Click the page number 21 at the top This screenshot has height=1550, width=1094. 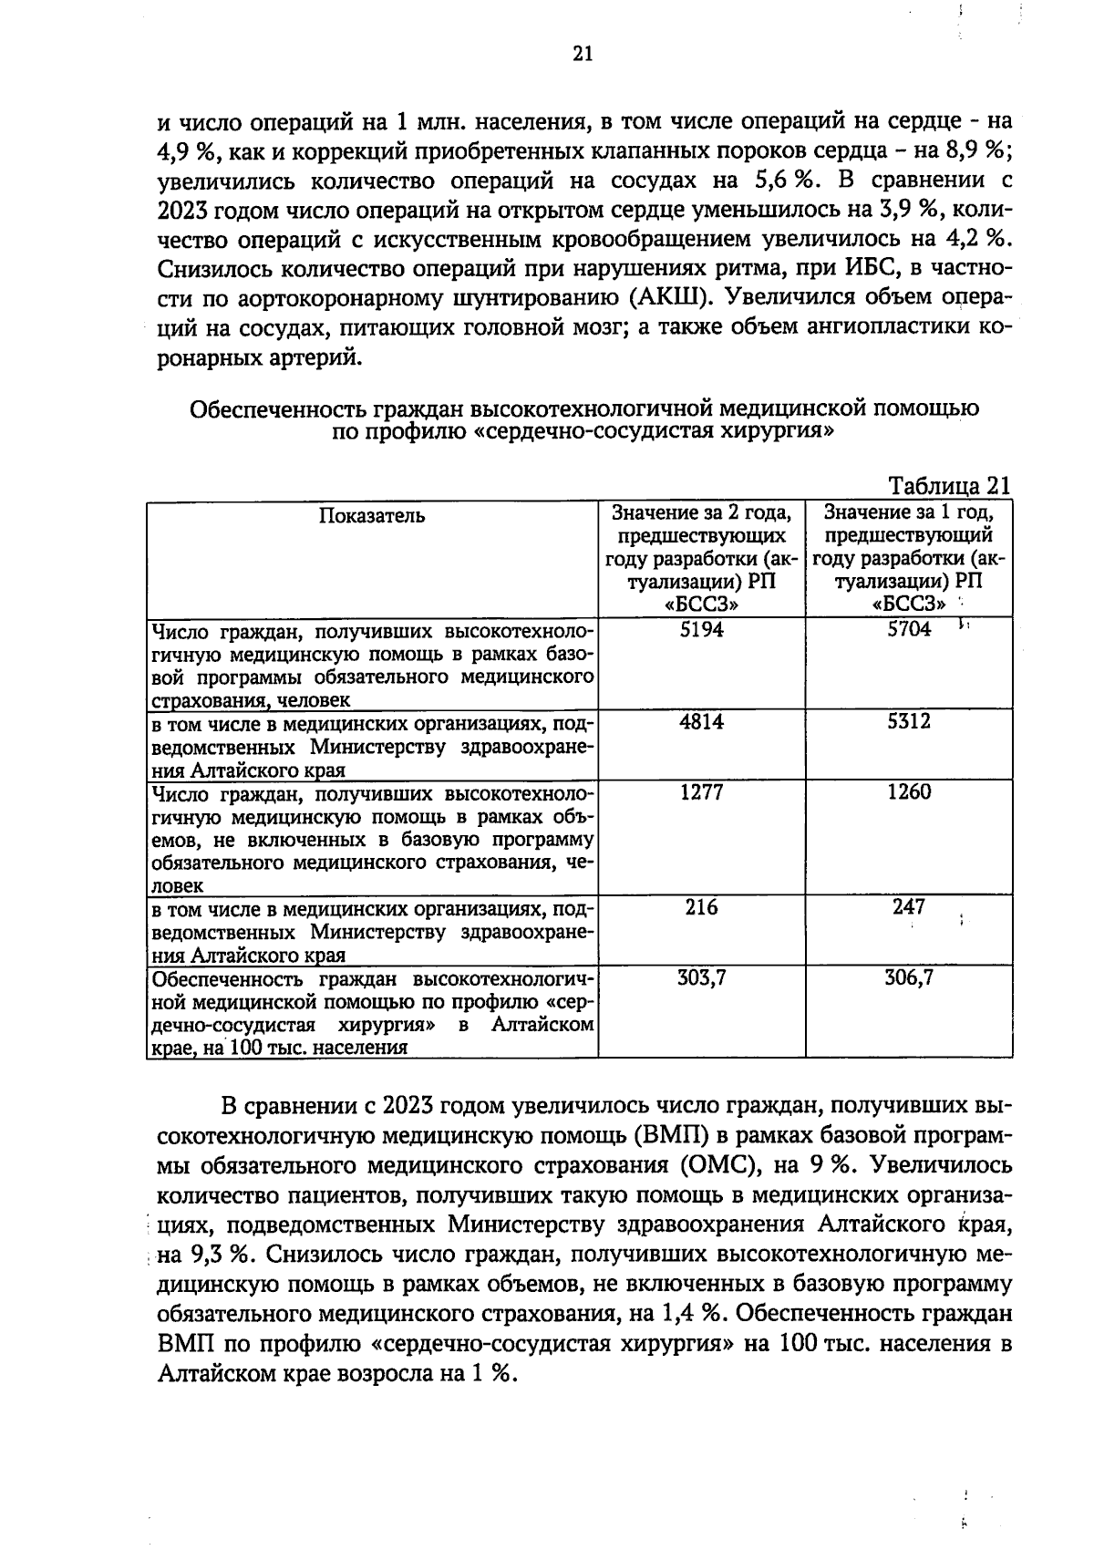(583, 54)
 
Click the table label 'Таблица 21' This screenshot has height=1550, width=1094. (949, 485)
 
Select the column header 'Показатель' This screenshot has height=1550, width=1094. (372, 516)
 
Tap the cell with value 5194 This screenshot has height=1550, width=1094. (702, 629)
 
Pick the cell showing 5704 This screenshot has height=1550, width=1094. (909, 629)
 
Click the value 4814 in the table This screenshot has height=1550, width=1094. (702, 722)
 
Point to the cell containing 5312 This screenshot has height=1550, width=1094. (909, 722)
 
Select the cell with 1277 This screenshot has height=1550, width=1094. (702, 792)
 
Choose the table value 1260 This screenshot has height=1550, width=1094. (909, 792)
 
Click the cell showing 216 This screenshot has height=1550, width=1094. (702, 907)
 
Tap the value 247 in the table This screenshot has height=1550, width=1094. (909, 907)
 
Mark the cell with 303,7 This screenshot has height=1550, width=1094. (702, 978)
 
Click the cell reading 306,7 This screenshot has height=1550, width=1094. (909, 978)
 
